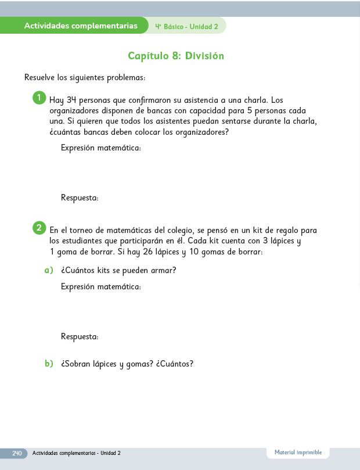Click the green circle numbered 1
39,98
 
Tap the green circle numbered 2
39,228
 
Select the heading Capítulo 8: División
176,56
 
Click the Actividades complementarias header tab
81,26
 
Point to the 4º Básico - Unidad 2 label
186,27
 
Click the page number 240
17,453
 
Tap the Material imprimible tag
298,453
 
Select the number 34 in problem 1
71,100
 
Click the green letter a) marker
49,270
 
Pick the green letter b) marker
49,364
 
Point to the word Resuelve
39,77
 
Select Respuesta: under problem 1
80,198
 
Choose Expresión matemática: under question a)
100,287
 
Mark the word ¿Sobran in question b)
75,364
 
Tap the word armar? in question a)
163,270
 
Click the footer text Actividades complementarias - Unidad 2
77,453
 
